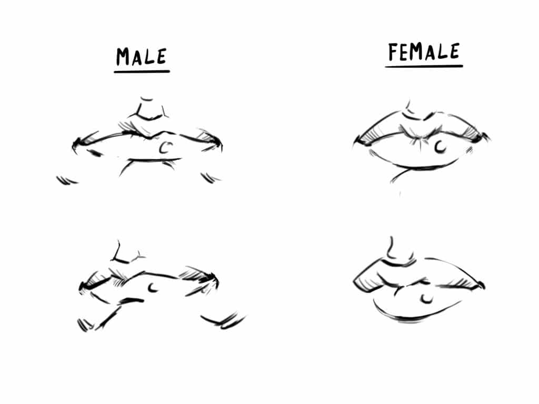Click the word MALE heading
tap(142, 56)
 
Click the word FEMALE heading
tap(424, 52)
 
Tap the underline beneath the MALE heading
tap(142, 71)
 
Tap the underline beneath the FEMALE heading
tap(424, 66)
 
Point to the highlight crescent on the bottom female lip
tap(427, 299)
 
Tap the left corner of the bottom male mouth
tap(82, 286)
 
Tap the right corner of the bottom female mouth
tap(481, 286)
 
